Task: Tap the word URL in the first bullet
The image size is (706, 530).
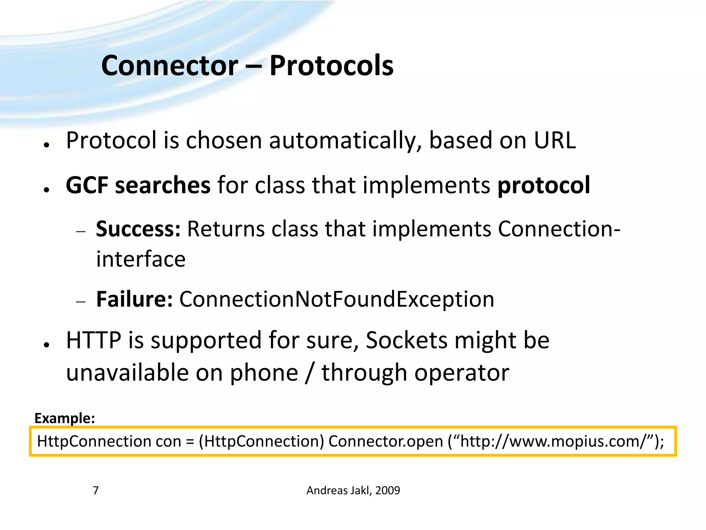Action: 555,140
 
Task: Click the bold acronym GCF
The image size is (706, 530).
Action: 87,185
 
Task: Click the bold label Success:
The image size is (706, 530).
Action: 138,229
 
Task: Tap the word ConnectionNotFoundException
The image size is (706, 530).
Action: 336,299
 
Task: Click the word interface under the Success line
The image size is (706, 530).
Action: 141,259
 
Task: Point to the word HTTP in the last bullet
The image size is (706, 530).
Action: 93,341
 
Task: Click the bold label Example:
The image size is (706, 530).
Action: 64,418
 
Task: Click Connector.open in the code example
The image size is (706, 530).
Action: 385,441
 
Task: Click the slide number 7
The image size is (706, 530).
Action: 96,490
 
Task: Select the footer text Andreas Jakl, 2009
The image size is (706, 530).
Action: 353,490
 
